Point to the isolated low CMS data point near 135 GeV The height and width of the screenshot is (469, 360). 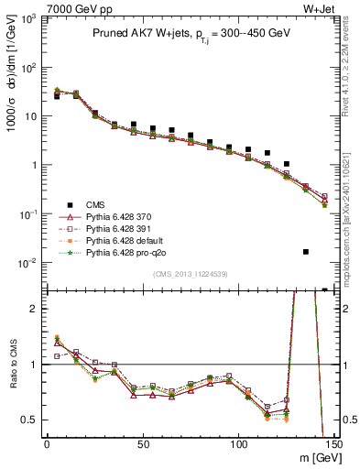pos(306,251)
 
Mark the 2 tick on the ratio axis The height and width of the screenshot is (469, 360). pos(34,309)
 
